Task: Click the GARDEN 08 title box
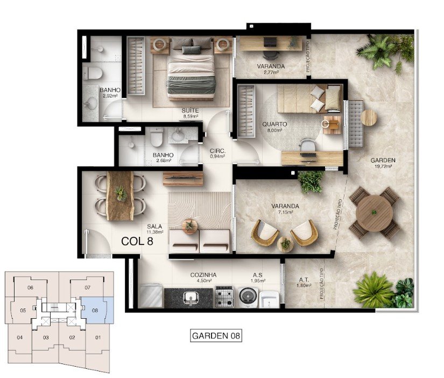(x=216, y=336)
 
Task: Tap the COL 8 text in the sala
(x=137, y=241)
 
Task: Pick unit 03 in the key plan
(x=46, y=338)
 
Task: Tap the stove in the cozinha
(x=224, y=297)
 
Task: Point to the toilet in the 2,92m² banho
(x=93, y=74)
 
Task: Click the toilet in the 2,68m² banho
(x=157, y=137)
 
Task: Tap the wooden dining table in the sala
(x=120, y=195)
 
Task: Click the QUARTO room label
(x=274, y=124)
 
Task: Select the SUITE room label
(x=190, y=110)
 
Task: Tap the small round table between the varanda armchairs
(x=285, y=244)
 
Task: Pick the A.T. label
(x=304, y=280)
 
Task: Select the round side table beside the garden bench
(x=369, y=117)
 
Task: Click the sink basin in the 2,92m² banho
(x=91, y=103)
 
